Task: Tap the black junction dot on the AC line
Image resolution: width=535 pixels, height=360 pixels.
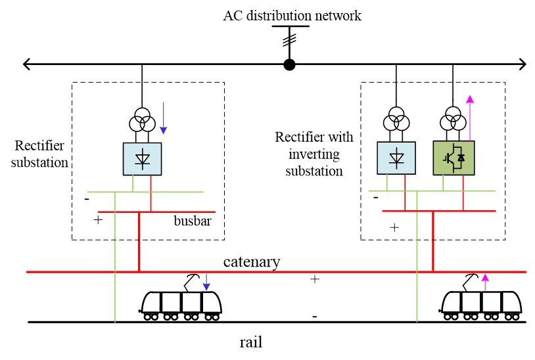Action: point(289,64)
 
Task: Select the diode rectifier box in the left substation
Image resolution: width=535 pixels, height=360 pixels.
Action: point(142,158)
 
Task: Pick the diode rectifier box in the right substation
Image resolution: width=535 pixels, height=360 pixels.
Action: point(396,158)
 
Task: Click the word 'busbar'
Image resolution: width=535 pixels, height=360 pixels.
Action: point(192,221)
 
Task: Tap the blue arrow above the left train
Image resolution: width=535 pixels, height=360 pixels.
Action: point(206,282)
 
